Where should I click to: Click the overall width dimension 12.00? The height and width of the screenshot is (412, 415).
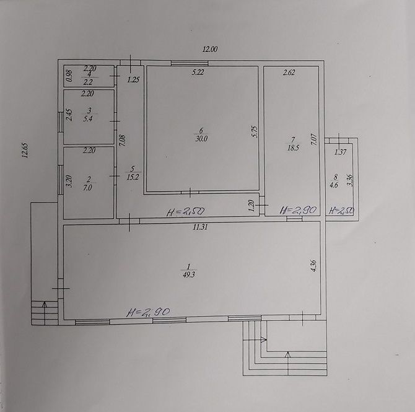tap(210, 49)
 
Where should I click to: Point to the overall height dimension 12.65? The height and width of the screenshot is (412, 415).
tap(25, 151)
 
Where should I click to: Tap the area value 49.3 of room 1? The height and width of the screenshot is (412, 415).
tap(189, 274)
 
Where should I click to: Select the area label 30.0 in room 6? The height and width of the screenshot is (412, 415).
tap(202, 139)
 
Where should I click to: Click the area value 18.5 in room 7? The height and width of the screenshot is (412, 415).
tap(293, 147)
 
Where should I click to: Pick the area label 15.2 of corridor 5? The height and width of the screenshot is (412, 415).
tap(133, 177)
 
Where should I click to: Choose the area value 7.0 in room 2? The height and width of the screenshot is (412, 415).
tap(88, 188)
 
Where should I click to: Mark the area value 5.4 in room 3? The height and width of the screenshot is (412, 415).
tap(88, 118)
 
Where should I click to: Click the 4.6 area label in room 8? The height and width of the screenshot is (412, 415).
tap(334, 185)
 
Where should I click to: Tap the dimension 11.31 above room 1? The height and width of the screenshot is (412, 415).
tap(200, 227)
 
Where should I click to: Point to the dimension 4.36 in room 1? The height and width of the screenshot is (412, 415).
tap(313, 266)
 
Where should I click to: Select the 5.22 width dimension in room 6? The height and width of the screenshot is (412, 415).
tap(198, 72)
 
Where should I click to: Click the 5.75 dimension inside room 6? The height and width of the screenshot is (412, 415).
tap(255, 131)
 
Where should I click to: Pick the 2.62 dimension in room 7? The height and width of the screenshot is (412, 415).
tap(289, 72)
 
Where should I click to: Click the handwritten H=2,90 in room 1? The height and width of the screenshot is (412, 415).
tap(148, 312)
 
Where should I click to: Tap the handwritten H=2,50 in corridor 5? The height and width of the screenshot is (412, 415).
tap(186, 211)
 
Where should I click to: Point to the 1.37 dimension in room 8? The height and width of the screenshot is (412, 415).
tap(341, 152)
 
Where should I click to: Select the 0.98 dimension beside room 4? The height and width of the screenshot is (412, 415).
tap(69, 76)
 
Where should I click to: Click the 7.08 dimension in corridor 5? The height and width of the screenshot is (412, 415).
tap(123, 141)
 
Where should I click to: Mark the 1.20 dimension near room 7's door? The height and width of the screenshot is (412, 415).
tap(251, 206)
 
